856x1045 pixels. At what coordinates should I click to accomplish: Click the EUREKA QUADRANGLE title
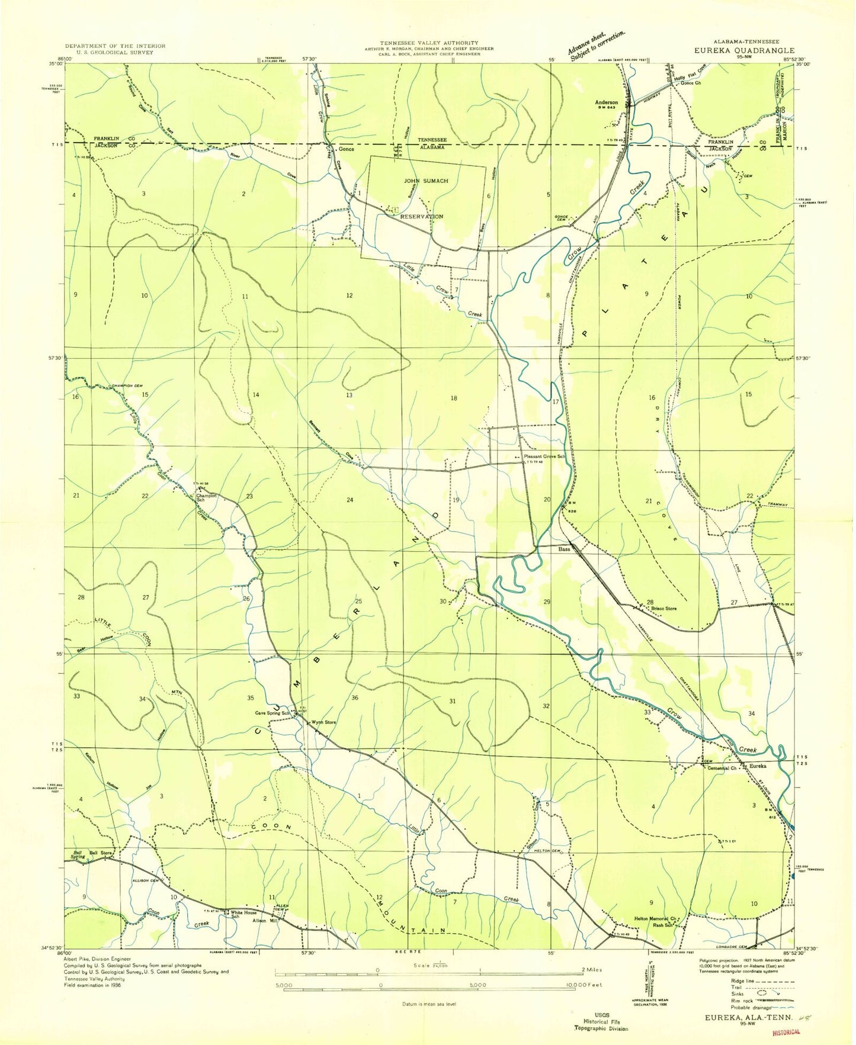(x=745, y=51)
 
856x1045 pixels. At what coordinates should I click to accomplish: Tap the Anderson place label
(x=606, y=102)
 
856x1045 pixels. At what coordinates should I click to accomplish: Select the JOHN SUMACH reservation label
(x=426, y=181)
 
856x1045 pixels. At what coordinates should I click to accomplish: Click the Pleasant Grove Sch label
(x=544, y=457)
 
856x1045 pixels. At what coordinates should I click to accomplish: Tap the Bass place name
(x=564, y=549)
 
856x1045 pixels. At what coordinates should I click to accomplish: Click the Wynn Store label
(x=323, y=722)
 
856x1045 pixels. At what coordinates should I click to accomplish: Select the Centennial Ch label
(x=722, y=769)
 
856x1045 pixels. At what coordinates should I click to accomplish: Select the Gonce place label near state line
(x=345, y=149)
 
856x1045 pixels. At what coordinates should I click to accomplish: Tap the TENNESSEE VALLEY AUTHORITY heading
(x=429, y=43)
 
